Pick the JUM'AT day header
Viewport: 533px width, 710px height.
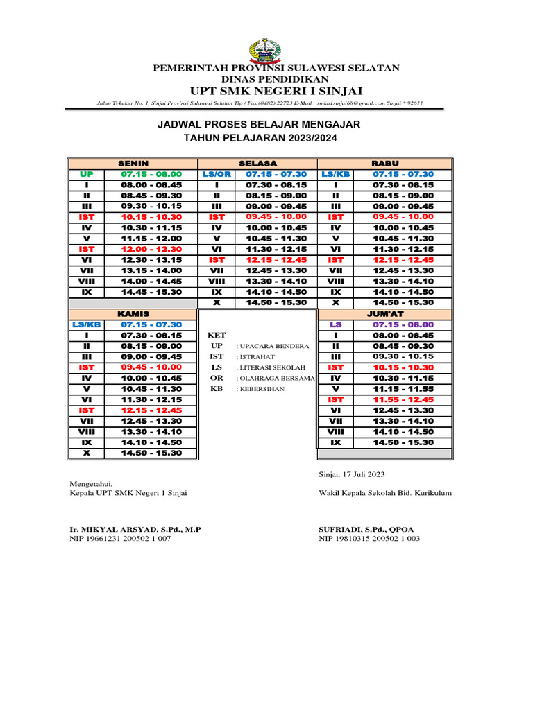[x=384, y=313]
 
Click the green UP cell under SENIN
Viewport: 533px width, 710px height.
[x=86, y=174]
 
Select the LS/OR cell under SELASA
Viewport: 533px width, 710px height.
[x=217, y=174]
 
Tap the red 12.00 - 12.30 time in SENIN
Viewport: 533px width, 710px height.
[x=151, y=249]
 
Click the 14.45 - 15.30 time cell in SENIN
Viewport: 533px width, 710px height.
[x=151, y=292]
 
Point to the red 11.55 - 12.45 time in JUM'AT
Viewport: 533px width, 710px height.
[x=403, y=399]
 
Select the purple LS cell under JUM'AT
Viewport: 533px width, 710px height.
[x=336, y=324]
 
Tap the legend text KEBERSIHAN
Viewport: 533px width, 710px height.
[x=262, y=389]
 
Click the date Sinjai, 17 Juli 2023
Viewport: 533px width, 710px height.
[x=351, y=474]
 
